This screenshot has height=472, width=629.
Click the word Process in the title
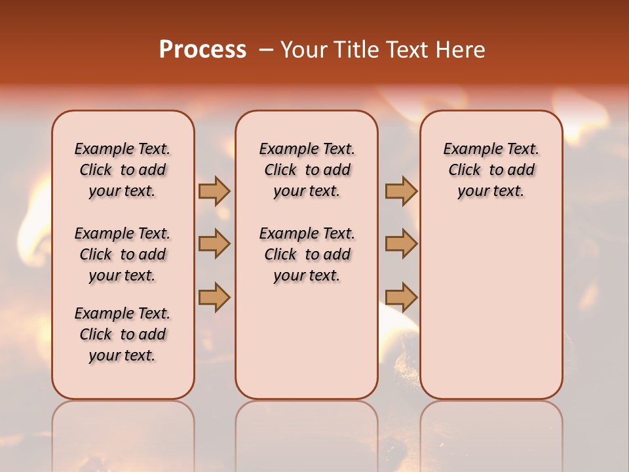click(202, 50)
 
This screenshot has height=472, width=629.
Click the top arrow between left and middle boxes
click(214, 191)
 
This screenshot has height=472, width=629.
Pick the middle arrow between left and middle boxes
click(214, 244)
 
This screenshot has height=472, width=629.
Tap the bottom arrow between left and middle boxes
click(214, 297)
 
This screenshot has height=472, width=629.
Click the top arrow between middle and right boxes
click(401, 191)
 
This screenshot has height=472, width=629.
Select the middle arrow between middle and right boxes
click(401, 244)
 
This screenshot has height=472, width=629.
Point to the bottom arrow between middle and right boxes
click(401, 297)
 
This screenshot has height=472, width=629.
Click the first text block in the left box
click(123, 170)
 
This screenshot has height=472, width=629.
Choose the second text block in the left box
click(123, 254)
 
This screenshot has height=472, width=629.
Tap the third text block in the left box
click(123, 334)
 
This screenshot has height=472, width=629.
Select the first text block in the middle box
click(307, 170)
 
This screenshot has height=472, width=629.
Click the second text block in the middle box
click(307, 254)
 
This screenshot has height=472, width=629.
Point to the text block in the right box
click(491, 170)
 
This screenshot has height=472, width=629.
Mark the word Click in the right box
click(465, 170)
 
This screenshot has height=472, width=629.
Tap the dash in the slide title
click(266, 50)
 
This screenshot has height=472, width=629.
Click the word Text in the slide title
click(409, 50)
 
